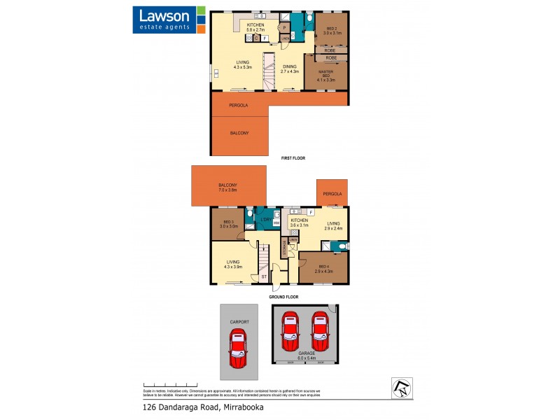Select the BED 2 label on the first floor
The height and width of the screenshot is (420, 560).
tap(330, 30)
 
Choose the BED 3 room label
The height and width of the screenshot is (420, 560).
tap(230, 225)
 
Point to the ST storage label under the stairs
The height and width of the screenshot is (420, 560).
tap(264, 277)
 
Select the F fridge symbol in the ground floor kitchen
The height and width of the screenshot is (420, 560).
tap(310, 211)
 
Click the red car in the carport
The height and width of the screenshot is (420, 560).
tap(238, 344)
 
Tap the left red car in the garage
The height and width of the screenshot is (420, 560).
tap(290, 331)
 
